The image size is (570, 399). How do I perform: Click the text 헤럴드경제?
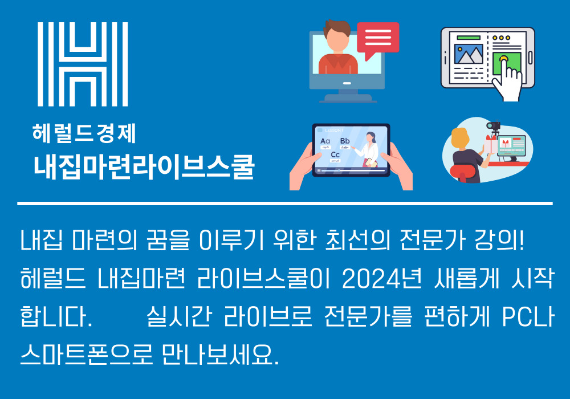coord(84,133)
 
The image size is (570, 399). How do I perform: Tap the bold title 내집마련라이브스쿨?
coord(144,167)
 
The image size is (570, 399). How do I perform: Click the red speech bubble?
coord(378,39)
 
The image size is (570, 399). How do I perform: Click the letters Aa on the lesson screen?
coord(325,141)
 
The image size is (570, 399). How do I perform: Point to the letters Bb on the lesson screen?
coord(345,141)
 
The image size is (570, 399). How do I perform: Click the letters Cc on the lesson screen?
coord(335,155)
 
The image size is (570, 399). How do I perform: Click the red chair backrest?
coord(462,172)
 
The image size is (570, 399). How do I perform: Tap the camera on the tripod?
coord(493,125)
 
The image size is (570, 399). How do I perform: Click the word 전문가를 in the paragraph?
coord(368,316)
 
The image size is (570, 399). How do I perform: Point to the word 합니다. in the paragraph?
coord(56,316)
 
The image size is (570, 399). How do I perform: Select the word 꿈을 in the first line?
coord(168,240)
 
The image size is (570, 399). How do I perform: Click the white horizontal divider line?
coord(285,203)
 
